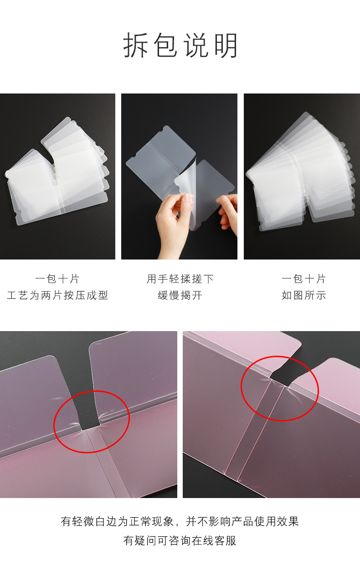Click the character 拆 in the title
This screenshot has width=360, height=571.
pos(136,45)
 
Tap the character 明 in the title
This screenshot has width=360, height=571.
pos(226,45)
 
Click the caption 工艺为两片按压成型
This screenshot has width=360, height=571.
pos(57,295)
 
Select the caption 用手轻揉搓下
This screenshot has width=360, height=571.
pos(180,279)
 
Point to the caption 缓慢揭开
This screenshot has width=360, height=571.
pos(180,295)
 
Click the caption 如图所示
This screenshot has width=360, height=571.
pos(303,295)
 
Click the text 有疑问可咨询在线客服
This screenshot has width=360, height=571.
pos(180,540)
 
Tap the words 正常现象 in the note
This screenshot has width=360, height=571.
pos(152,521)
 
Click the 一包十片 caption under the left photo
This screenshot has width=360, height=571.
pos(57,279)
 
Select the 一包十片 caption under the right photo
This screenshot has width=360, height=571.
pos(303,279)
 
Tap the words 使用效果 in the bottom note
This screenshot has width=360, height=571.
pos(276,521)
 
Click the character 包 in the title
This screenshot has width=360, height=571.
pos(165,45)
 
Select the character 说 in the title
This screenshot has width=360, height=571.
pos(195,45)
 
